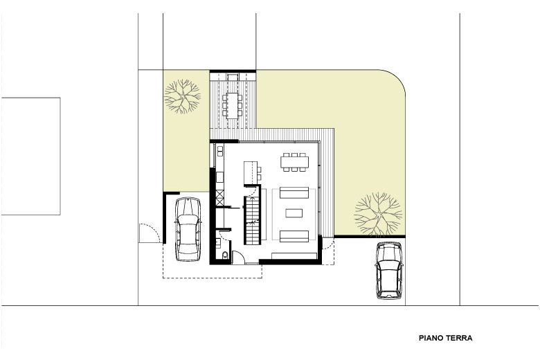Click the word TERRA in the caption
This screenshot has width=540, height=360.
click(x=459, y=339)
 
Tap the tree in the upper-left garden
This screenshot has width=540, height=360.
click(x=182, y=96)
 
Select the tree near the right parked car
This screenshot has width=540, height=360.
click(x=378, y=214)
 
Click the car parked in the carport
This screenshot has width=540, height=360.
click(x=188, y=229)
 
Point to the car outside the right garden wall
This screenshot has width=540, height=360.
click(x=389, y=271)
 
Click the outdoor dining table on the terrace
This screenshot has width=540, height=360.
click(x=233, y=106)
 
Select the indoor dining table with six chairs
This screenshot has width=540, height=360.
click(x=294, y=161)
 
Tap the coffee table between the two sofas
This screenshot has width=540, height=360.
click(x=294, y=213)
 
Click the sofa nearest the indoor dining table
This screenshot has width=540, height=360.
click(x=294, y=192)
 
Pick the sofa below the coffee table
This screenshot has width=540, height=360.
click(x=294, y=236)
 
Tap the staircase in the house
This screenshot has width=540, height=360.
click(x=252, y=219)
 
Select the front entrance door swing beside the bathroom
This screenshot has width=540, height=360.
click(x=238, y=258)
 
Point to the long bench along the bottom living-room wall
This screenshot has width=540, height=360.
click(x=294, y=255)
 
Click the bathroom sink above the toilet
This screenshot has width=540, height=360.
click(x=218, y=243)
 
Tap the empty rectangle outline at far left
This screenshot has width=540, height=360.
click(x=31, y=156)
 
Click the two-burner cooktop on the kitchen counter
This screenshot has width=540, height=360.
click(x=220, y=151)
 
